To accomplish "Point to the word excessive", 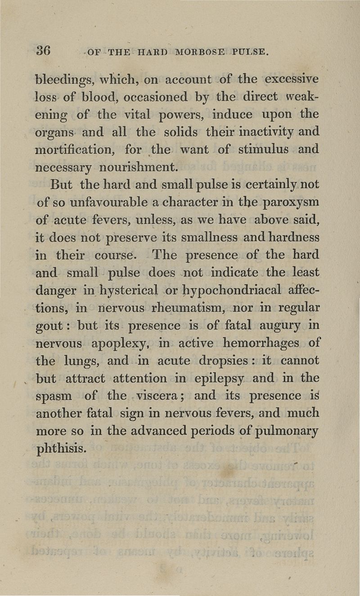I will [x=292, y=79].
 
